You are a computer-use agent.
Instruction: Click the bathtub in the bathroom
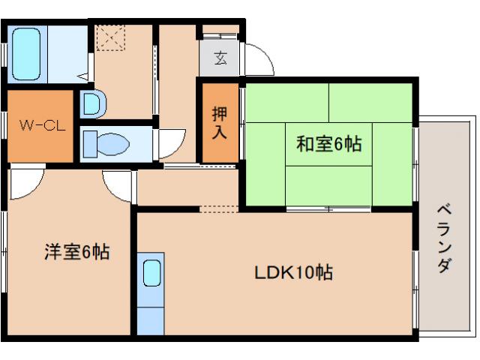coord(26,54)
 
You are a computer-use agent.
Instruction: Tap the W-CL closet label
coord(42,125)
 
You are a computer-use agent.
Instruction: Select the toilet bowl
coord(113,144)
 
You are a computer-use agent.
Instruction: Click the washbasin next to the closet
coord(93,104)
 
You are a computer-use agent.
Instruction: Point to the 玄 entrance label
coord(220,58)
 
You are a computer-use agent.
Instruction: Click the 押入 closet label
coord(220,123)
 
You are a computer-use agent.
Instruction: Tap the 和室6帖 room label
coord(328,143)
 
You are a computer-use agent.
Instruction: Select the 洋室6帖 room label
coord(76,252)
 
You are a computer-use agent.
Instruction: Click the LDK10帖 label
coord(293,271)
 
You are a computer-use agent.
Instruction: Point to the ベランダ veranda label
coord(444,239)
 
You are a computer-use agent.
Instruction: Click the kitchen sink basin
coord(152,273)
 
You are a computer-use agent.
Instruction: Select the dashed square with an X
coord(111,37)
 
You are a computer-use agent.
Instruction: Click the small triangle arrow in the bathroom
coord(83,76)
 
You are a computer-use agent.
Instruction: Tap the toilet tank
coord(90,144)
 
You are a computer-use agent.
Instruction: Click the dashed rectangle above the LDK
coord(219,209)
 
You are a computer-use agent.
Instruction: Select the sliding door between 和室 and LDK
coord(328,209)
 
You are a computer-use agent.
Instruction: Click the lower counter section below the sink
coord(151,321)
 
